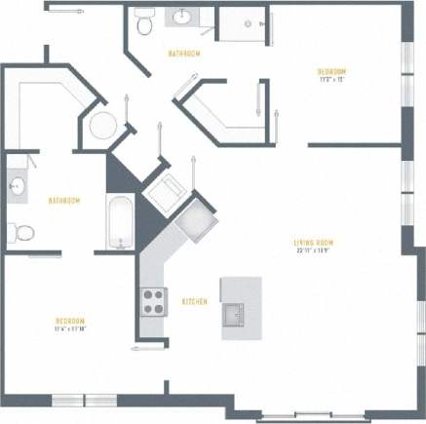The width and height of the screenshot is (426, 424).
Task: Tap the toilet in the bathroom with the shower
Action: click(x=144, y=22)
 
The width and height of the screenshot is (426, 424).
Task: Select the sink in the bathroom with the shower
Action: click(x=182, y=17)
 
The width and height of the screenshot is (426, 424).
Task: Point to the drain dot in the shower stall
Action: click(x=248, y=23)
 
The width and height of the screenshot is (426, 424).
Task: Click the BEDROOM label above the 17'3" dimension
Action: click(x=331, y=71)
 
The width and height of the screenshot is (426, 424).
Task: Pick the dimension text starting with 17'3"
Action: click(x=331, y=79)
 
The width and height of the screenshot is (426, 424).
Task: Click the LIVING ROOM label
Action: click(x=314, y=243)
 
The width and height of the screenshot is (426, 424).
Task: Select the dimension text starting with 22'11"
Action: click(x=314, y=251)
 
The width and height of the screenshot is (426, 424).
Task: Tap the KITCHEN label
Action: click(x=195, y=302)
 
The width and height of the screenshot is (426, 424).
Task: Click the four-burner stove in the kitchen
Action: click(x=155, y=300)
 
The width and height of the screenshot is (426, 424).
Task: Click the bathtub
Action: click(x=119, y=222)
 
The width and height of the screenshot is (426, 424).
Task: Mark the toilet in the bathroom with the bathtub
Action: click(x=21, y=232)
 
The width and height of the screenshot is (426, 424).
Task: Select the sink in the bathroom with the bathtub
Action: click(x=17, y=185)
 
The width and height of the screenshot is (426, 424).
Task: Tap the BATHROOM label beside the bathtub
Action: click(x=64, y=201)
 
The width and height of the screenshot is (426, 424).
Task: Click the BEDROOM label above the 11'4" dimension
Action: click(x=70, y=322)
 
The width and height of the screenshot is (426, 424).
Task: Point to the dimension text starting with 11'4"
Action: click(x=70, y=329)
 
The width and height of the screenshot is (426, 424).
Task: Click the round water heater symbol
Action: click(x=102, y=126)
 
